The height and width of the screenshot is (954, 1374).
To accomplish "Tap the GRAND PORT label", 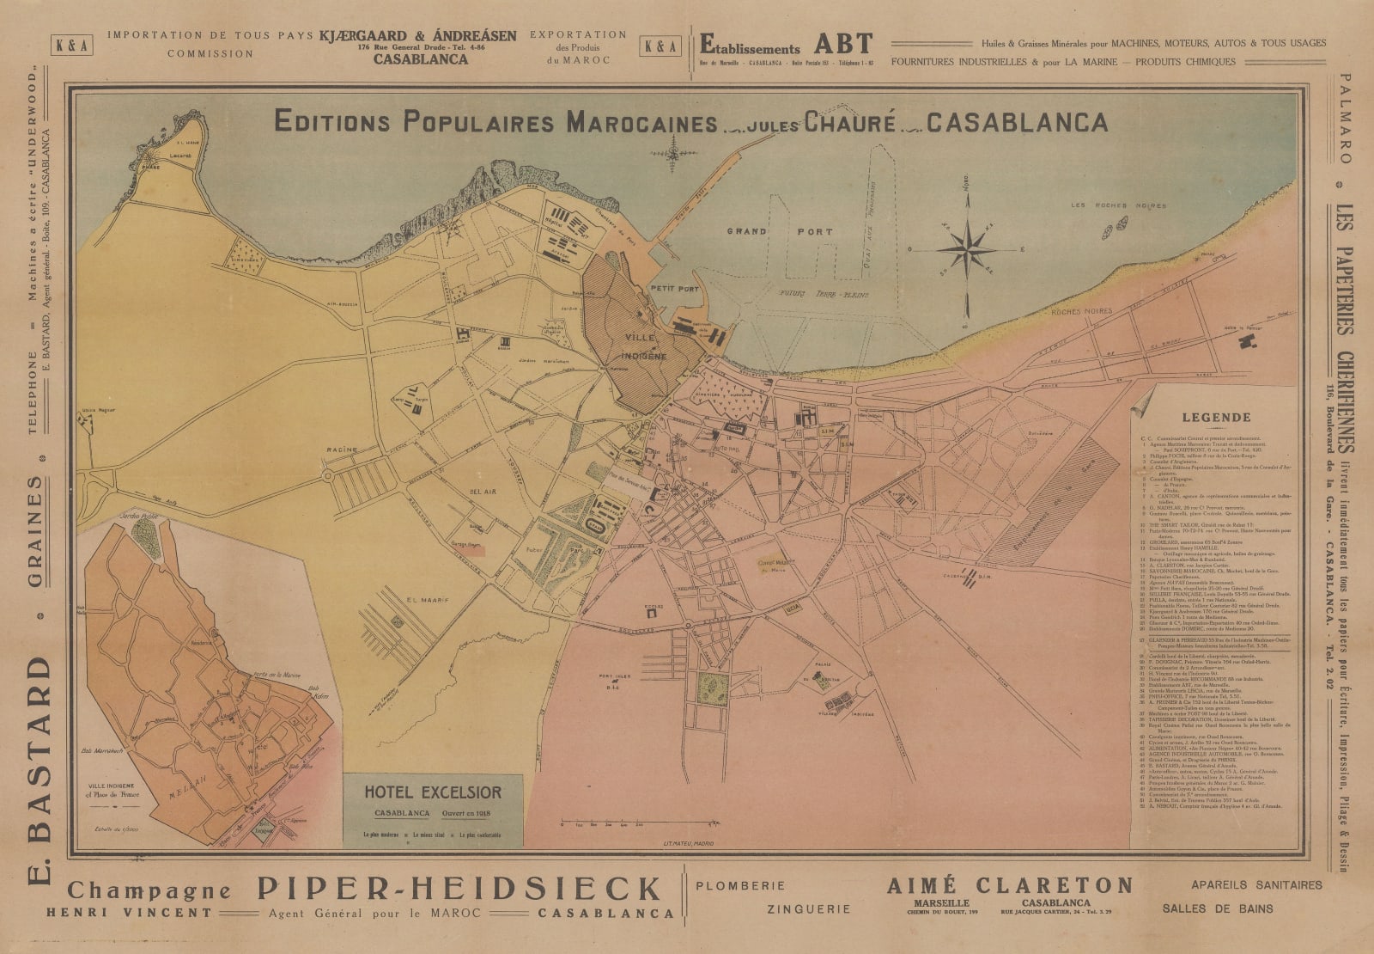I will (x=781, y=232).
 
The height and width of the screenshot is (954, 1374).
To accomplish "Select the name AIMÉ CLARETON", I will (x=1010, y=885).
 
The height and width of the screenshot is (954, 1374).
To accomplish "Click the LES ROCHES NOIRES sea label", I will (x=1118, y=205).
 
